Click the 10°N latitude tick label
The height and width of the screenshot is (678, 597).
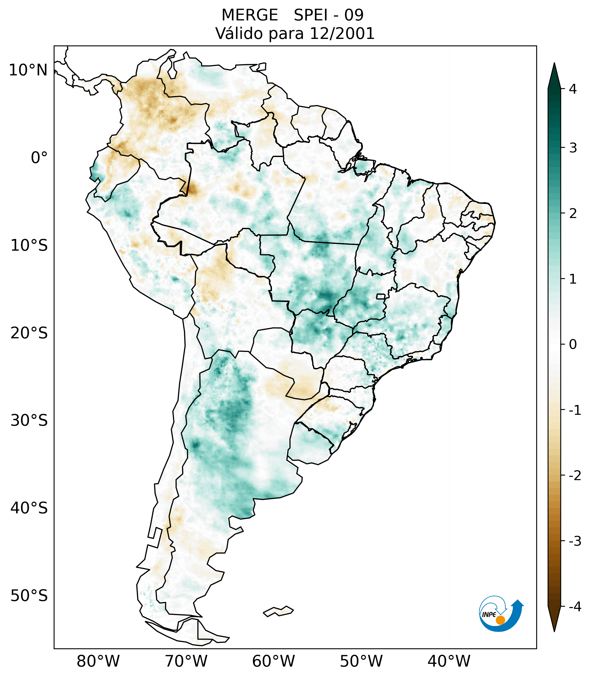click(28, 70)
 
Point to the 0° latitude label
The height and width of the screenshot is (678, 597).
click(39, 158)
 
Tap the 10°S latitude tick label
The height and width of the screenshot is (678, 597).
click(29, 246)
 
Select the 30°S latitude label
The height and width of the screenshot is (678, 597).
click(29, 421)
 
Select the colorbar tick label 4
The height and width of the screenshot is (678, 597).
click(573, 89)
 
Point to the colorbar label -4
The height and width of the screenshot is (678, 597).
click(575, 607)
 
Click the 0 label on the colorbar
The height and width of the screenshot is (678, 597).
click(573, 345)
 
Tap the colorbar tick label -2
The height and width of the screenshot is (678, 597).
click(575, 476)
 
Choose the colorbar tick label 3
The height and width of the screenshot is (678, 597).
click(573, 148)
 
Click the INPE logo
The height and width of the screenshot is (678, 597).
click(501, 614)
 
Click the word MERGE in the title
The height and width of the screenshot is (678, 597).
click(250, 15)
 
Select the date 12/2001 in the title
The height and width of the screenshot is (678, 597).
click(342, 33)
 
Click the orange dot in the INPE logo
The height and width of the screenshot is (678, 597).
click(500, 620)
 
